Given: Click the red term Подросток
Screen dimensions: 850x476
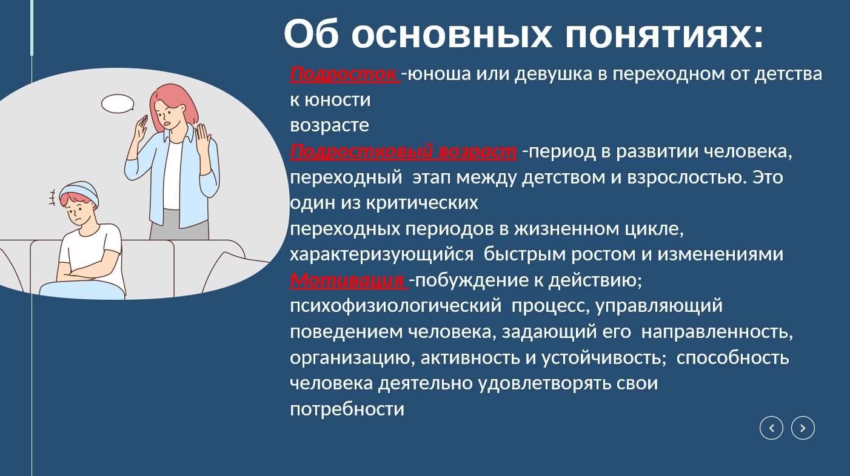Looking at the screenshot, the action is pyautogui.click(x=343, y=74).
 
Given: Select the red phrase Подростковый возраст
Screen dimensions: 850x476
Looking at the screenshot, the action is pyautogui.click(x=403, y=151).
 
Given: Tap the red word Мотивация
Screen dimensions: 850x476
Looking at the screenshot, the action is pyautogui.click(x=347, y=280).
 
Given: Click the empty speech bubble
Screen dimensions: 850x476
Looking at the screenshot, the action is pyautogui.click(x=118, y=104).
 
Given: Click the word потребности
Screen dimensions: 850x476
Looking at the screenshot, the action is pyautogui.click(x=347, y=409).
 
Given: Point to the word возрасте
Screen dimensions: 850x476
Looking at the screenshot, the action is pyautogui.click(x=329, y=125).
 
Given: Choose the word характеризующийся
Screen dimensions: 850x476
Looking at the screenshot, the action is pyautogui.click(x=381, y=254).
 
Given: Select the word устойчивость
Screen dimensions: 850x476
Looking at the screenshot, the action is pyautogui.click(x=604, y=358).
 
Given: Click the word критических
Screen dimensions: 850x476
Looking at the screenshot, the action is pyautogui.click(x=422, y=203).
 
